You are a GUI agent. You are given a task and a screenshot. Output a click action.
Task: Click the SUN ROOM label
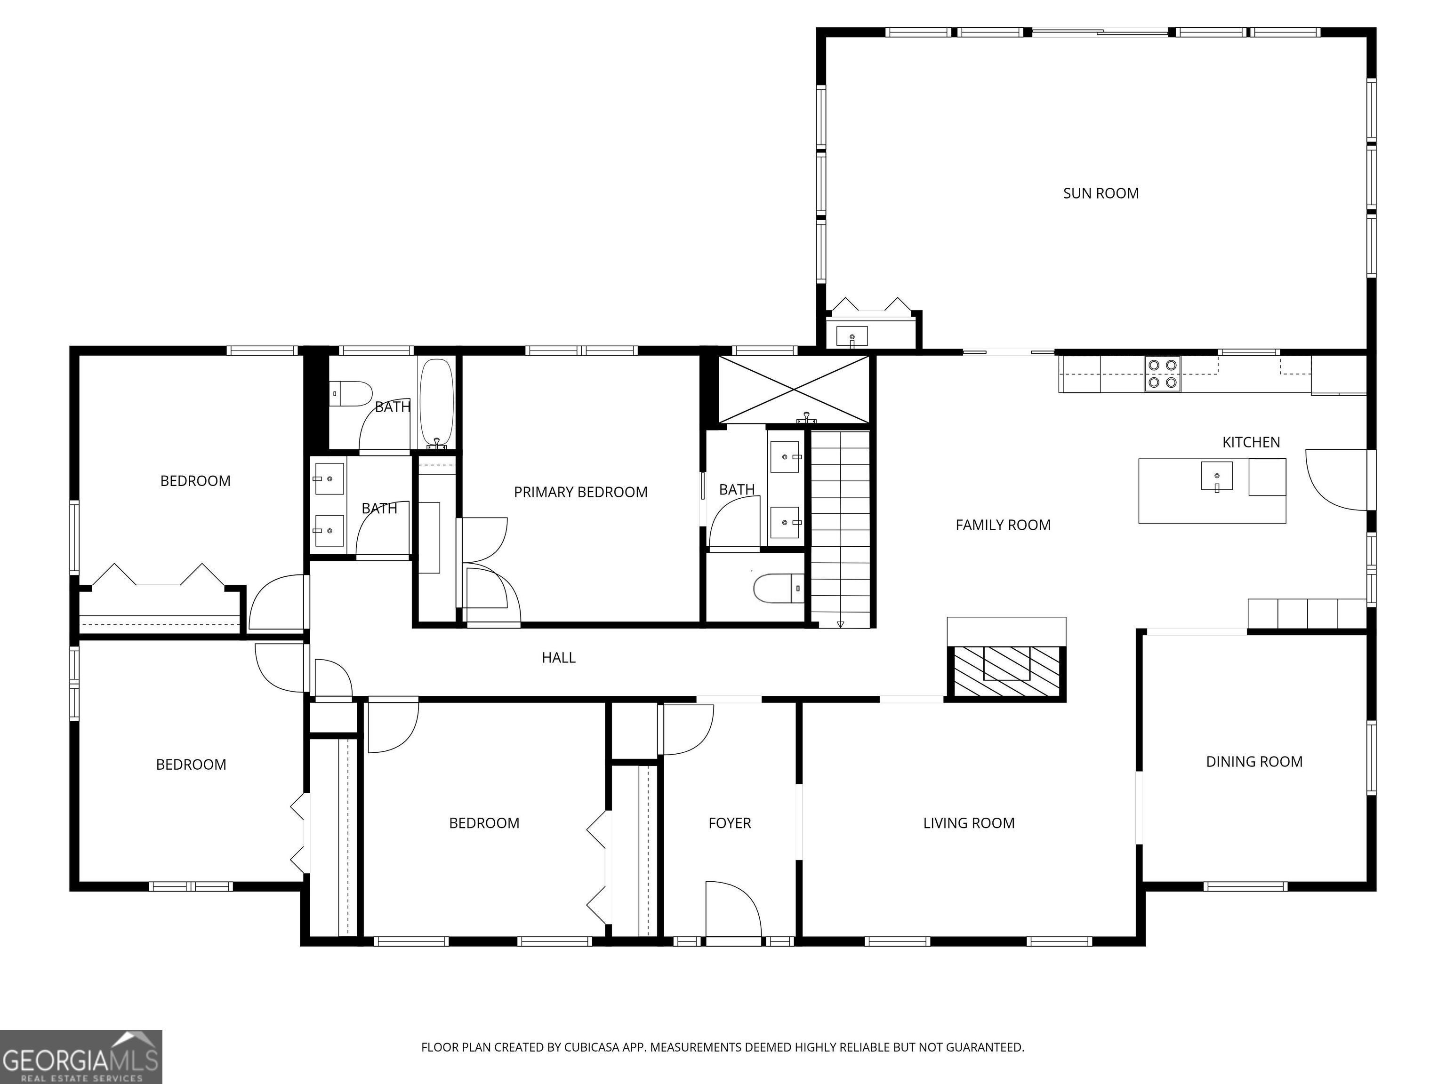click(x=1101, y=193)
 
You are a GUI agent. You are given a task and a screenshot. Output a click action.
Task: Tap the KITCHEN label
click(x=1251, y=442)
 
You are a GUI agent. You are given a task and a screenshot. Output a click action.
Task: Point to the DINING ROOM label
click(x=1254, y=761)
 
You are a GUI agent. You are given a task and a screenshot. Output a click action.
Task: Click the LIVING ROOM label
click(x=969, y=823)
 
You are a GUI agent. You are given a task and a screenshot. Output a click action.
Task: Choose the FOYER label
click(x=730, y=823)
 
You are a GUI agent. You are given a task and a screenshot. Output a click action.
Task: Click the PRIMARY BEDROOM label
click(x=580, y=492)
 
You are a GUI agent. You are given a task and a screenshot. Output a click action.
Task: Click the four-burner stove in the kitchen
click(x=1162, y=375)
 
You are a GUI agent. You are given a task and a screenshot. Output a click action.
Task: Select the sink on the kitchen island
click(x=1217, y=476)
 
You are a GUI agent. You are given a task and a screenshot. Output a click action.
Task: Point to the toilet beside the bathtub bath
click(x=350, y=394)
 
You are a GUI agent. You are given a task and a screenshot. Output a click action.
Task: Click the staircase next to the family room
click(x=841, y=528)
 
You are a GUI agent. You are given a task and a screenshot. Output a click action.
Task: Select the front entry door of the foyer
click(x=733, y=911)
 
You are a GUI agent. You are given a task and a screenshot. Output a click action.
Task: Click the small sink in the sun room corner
click(x=852, y=336)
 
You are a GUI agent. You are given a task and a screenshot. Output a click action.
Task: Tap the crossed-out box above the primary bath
click(x=794, y=390)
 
